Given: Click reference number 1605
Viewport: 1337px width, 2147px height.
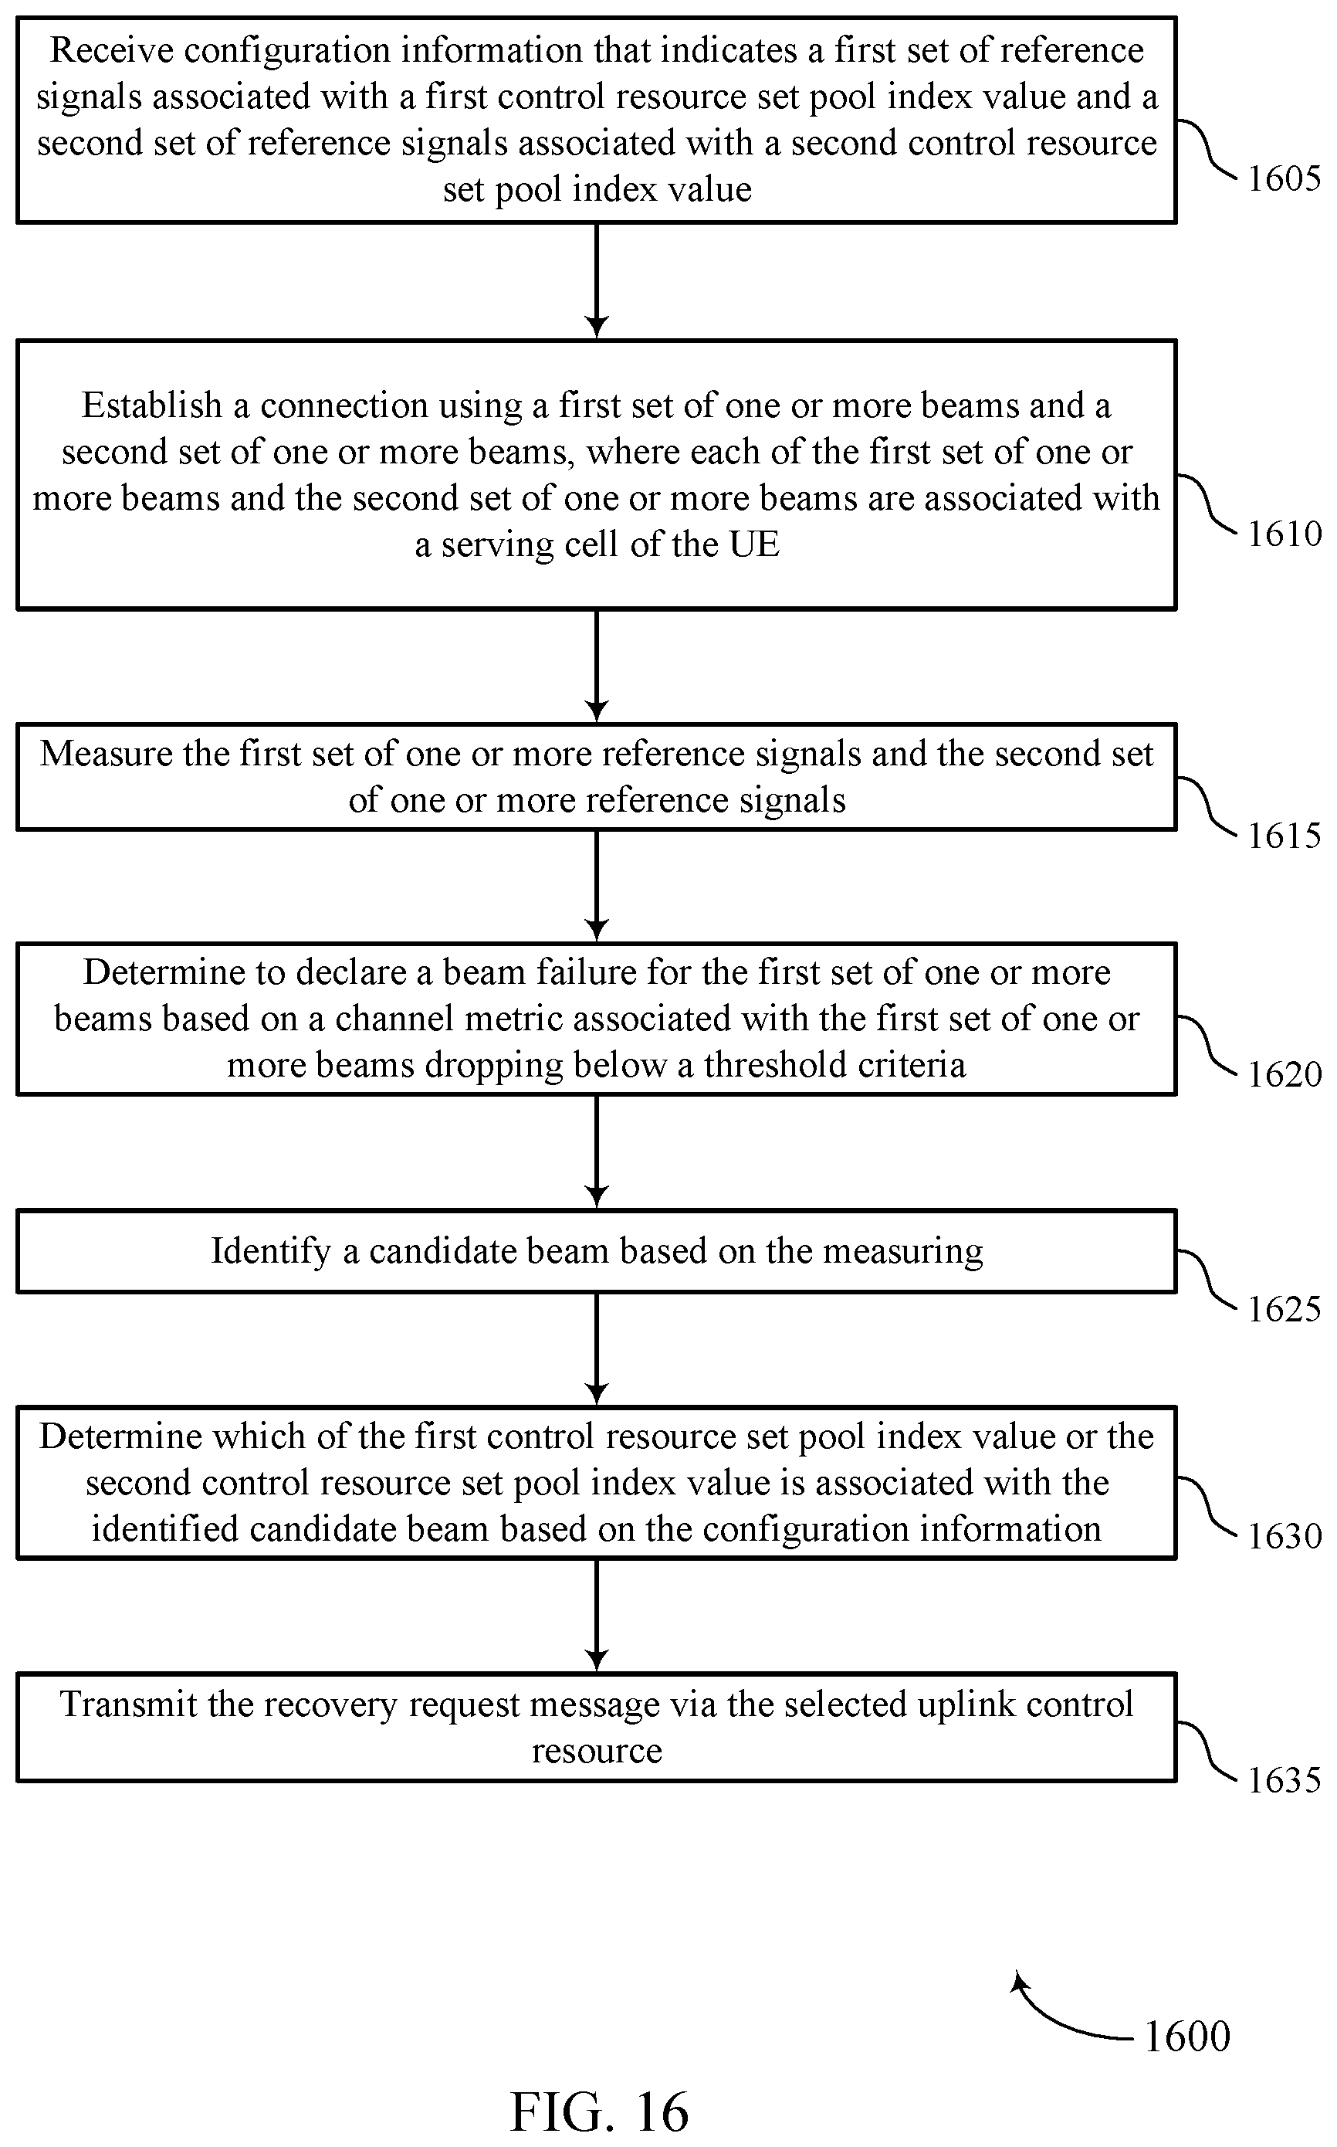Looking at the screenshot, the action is click(1284, 178).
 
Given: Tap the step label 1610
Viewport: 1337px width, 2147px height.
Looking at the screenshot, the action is click(1284, 534).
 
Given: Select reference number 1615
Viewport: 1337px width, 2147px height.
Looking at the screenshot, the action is click(1284, 836).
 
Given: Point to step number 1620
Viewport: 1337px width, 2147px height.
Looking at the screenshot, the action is click(1284, 1075).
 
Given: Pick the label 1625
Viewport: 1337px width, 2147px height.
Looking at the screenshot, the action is click(1284, 1309).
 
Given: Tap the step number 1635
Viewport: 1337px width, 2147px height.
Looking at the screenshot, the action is click(1284, 1781).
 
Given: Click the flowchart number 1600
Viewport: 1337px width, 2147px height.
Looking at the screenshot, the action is click(1186, 2037).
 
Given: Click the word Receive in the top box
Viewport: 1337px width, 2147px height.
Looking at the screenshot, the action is click(111, 50).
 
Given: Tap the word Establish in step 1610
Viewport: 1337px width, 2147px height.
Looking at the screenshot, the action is click(152, 405).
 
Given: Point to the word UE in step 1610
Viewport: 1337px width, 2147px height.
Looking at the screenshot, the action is click(753, 544).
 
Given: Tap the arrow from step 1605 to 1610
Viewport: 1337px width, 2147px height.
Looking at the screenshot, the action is click(597, 281).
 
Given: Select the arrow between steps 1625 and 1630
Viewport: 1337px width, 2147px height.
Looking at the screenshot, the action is click(597, 1349).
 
